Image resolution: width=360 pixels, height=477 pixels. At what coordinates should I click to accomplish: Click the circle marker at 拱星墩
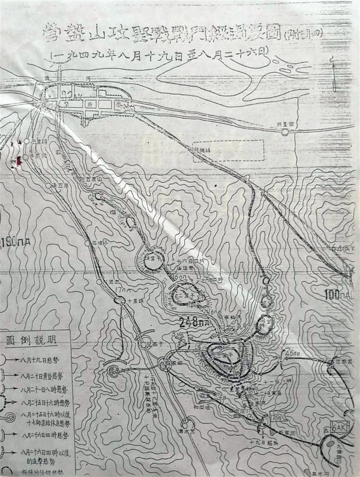284,132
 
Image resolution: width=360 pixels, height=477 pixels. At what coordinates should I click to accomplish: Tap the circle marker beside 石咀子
88,244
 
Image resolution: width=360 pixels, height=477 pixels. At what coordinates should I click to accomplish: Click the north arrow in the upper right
333,75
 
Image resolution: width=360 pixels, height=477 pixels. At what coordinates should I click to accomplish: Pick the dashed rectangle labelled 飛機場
229,151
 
